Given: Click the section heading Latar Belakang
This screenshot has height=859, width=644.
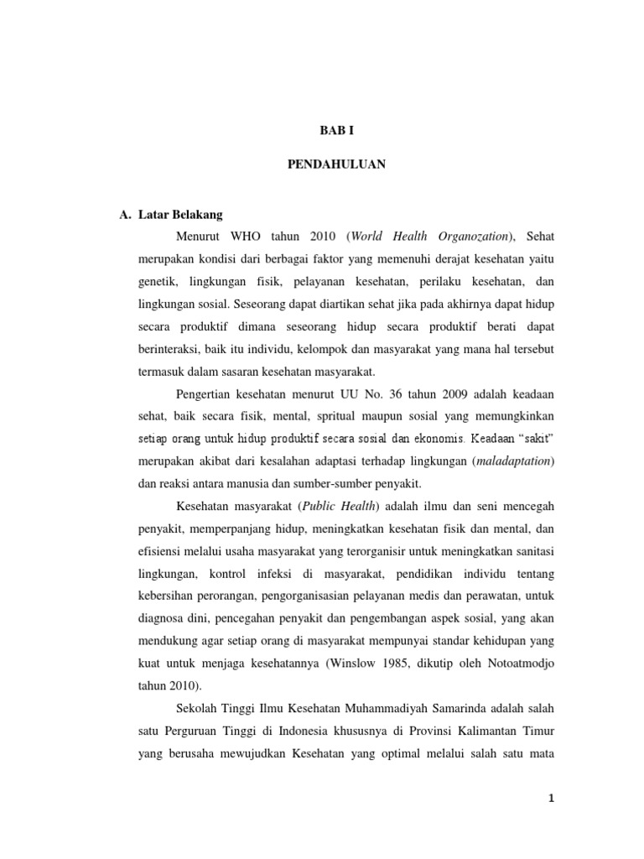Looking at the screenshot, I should (x=181, y=216).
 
